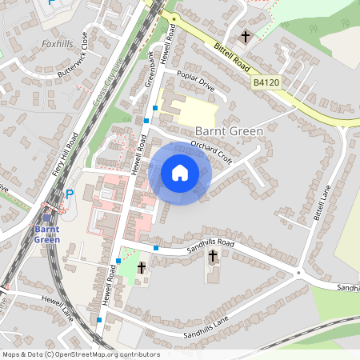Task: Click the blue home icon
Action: tap(180, 173)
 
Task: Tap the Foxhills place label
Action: tap(57, 44)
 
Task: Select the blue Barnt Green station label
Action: tap(46, 234)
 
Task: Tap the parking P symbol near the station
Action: tap(69, 194)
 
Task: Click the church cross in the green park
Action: tap(142, 267)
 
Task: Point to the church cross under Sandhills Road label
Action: tap(213, 257)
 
